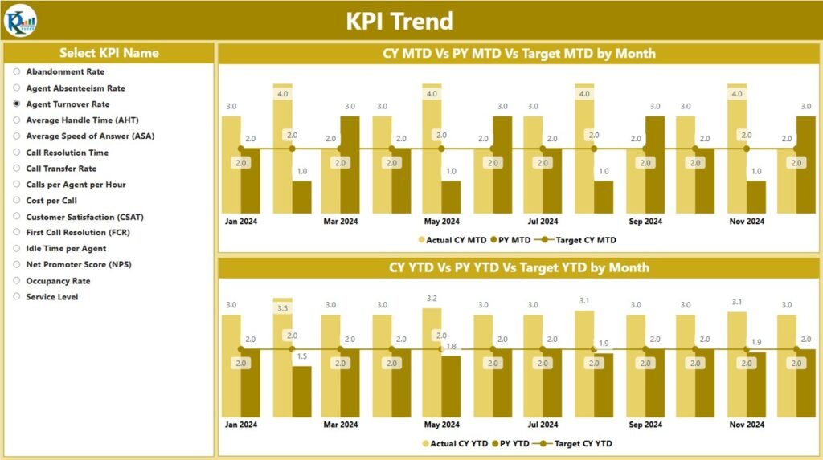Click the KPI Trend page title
coord(399,21)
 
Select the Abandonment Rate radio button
coord(17,72)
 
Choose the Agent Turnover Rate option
coord(17,104)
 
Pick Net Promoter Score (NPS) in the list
coord(17,265)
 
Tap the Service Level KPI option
coord(17,297)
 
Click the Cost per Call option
coord(17,201)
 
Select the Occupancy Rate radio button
coord(17,281)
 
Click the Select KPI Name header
coord(109,53)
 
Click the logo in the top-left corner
coord(19,20)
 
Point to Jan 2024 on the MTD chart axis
coord(240,222)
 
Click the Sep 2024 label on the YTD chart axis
coord(645,424)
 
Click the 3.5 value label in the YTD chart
coord(282,308)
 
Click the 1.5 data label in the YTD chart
coord(301,356)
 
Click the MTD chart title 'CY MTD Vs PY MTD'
coord(518,54)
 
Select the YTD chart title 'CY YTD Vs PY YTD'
coord(518,267)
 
